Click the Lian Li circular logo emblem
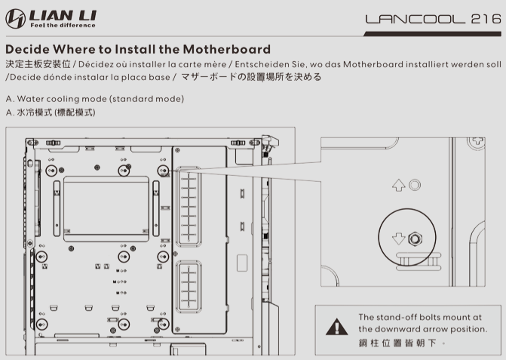[15, 19]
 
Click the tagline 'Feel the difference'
[63, 26]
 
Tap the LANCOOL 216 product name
[433, 19]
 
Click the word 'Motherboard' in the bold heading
[226, 49]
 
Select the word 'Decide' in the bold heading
[27, 49]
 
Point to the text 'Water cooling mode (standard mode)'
[100, 99]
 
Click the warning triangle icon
[337, 327]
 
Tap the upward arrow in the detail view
[398, 186]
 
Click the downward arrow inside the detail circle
[398, 238]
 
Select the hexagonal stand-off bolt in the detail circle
[415, 239]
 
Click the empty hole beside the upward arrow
[415, 185]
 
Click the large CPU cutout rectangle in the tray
[106, 209]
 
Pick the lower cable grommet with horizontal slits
[189, 286]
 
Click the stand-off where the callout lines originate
[163, 170]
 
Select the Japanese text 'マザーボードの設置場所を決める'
[251, 77]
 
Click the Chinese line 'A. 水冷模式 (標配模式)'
[51, 112]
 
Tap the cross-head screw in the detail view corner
[477, 142]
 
